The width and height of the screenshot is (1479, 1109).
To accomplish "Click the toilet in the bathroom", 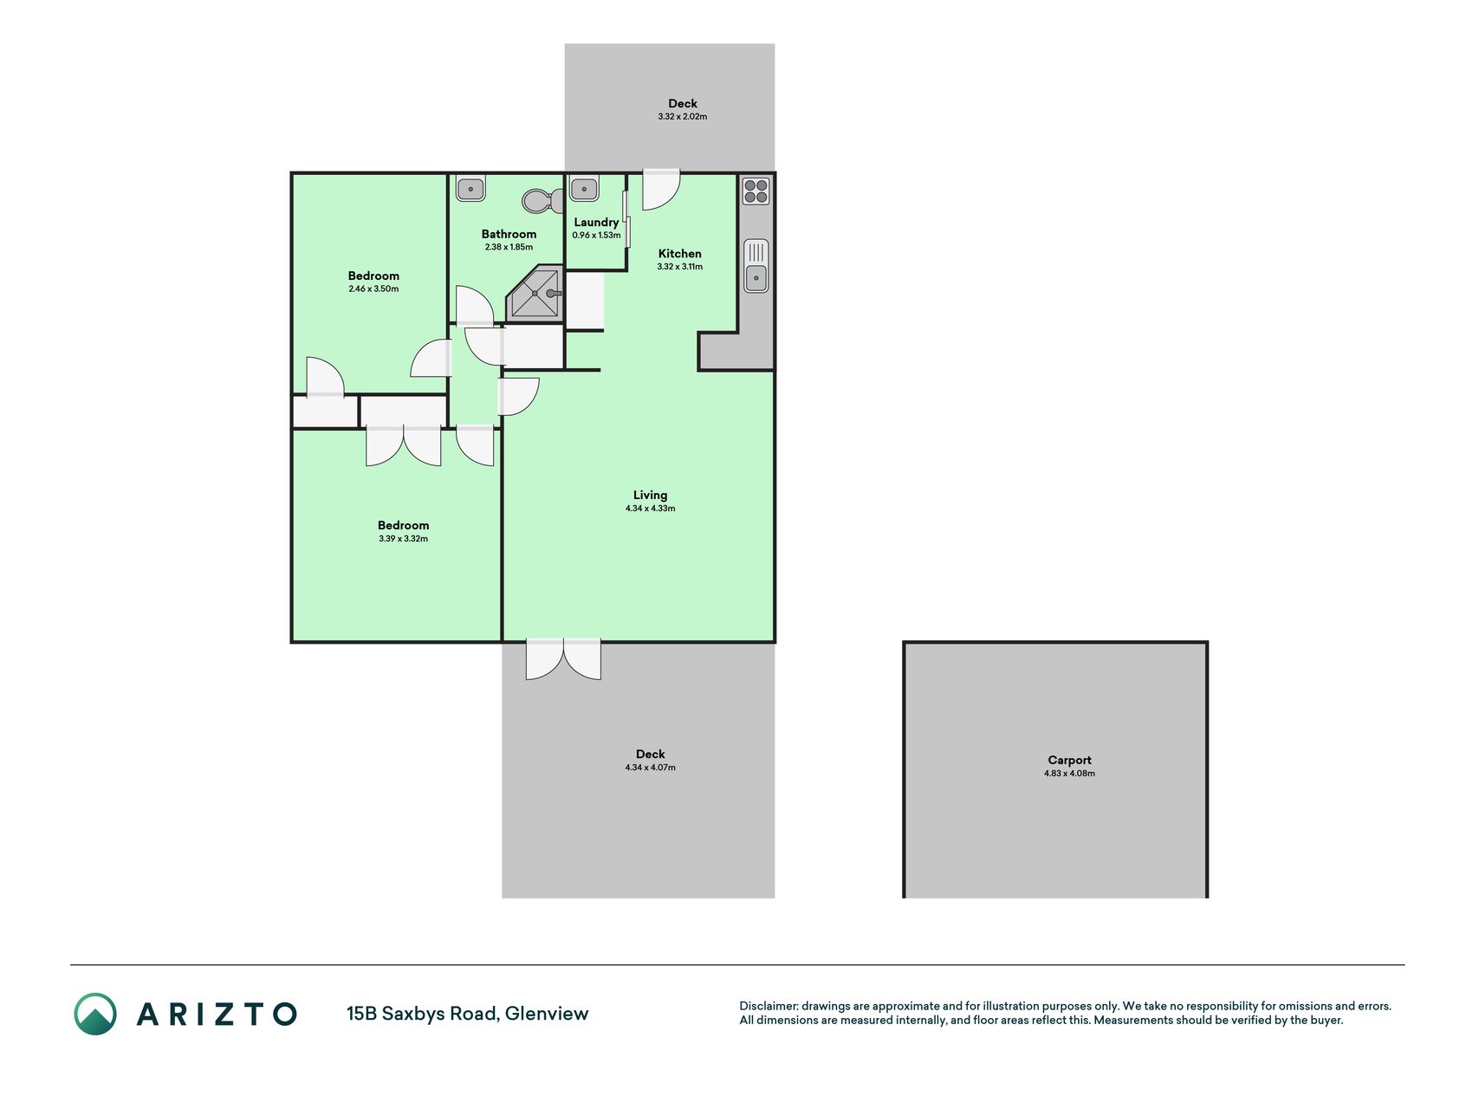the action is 542,201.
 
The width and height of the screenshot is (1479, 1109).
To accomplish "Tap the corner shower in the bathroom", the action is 535,294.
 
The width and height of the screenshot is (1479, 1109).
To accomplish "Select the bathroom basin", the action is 470,188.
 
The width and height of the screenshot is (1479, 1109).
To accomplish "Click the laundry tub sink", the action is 584,188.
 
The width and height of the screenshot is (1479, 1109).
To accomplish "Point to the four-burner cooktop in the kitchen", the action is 756,191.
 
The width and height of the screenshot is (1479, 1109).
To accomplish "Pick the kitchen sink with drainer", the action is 756,266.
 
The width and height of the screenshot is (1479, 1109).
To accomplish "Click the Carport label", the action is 1069,760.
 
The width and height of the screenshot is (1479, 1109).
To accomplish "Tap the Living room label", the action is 650,495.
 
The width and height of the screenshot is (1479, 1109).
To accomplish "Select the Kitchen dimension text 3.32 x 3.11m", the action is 679,267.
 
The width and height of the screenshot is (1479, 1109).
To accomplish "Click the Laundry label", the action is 596,222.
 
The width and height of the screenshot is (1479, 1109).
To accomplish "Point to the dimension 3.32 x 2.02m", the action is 682,116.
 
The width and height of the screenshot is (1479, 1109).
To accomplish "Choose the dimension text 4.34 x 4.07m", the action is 650,768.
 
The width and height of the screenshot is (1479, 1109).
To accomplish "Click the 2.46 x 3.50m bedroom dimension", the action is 373,289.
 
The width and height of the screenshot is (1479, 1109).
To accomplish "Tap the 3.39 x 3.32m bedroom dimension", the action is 403,538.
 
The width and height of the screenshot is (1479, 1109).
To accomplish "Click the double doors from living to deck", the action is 563,659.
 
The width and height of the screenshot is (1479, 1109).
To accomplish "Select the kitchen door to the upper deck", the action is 661,189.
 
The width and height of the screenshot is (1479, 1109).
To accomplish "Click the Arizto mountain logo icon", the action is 95,1014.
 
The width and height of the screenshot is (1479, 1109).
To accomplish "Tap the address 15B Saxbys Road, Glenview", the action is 467,1014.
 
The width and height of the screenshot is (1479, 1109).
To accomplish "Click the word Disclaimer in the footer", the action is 768,1006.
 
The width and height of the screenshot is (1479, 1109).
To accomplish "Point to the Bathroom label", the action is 509,234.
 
